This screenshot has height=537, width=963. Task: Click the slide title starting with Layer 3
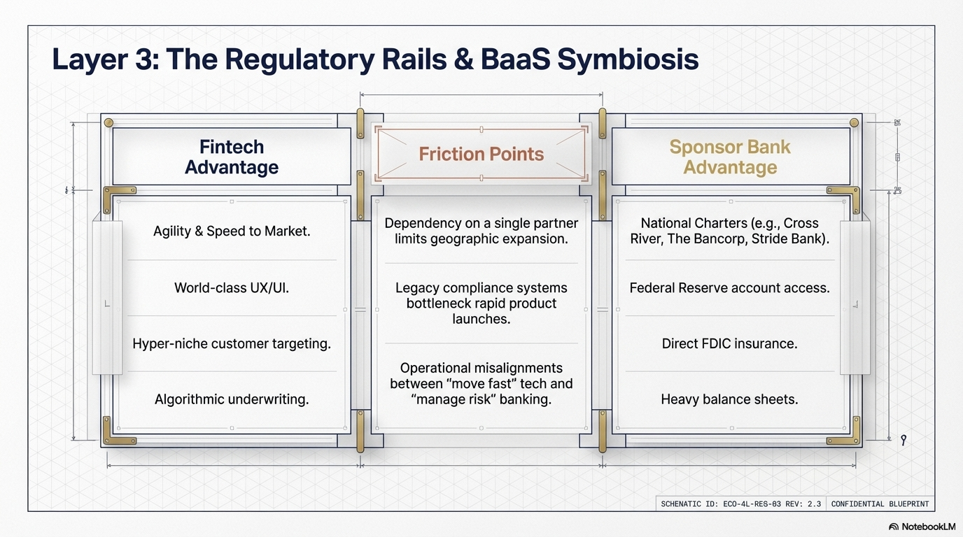pyautogui.click(x=375, y=60)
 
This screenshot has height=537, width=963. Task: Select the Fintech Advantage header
pyautogui.click(x=232, y=157)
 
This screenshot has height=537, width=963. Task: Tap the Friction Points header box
pyautogui.click(x=481, y=154)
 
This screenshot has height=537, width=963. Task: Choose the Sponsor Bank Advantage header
pyautogui.click(x=730, y=157)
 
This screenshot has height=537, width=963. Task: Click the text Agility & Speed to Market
pyautogui.click(x=232, y=231)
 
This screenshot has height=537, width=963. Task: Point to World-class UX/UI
pyautogui.click(x=232, y=287)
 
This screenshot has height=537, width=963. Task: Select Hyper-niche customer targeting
pyautogui.click(x=232, y=343)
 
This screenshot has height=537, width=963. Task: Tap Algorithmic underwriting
pyautogui.click(x=232, y=399)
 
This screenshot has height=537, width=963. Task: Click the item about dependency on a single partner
pyautogui.click(x=481, y=231)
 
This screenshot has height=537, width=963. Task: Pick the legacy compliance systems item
pyautogui.click(x=481, y=303)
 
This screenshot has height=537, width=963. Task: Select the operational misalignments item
pyautogui.click(x=481, y=383)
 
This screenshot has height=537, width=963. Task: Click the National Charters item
pyautogui.click(x=730, y=231)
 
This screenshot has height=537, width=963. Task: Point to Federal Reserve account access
pyautogui.click(x=730, y=287)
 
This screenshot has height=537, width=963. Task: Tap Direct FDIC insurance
pyautogui.click(x=730, y=343)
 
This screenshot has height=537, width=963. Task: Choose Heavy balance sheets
pyautogui.click(x=730, y=399)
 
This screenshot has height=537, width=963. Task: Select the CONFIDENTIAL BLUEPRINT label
pyautogui.click(x=879, y=503)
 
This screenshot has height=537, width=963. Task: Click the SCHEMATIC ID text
pyautogui.click(x=740, y=503)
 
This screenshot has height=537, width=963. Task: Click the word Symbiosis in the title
pyautogui.click(x=628, y=60)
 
